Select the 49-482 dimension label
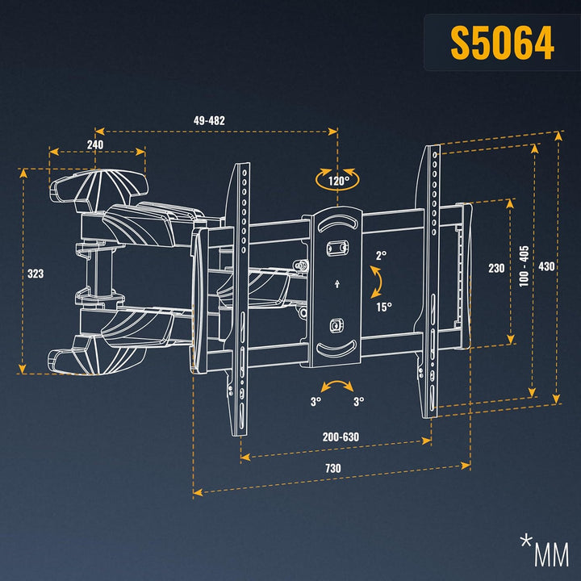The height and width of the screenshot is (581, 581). click(209, 120)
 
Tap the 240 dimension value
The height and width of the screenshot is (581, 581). click(95, 144)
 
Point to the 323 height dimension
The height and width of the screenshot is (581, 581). click(36, 274)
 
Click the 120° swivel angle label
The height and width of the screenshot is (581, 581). click(337, 181)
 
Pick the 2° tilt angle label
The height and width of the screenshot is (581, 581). click(381, 255)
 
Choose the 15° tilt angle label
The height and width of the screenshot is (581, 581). click(382, 306)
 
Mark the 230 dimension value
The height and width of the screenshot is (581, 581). click(496, 270)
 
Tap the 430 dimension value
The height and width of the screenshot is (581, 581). click(547, 267)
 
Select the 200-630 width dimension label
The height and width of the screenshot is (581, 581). click(341, 437)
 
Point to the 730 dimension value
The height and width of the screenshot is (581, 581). click(332, 468)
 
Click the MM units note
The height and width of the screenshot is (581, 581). click(545, 554)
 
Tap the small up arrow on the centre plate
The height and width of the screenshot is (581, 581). click(336, 283)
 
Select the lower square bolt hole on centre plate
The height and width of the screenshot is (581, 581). click(336, 326)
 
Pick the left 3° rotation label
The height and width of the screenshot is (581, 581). click(315, 400)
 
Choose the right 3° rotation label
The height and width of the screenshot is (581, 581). click(358, 400)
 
